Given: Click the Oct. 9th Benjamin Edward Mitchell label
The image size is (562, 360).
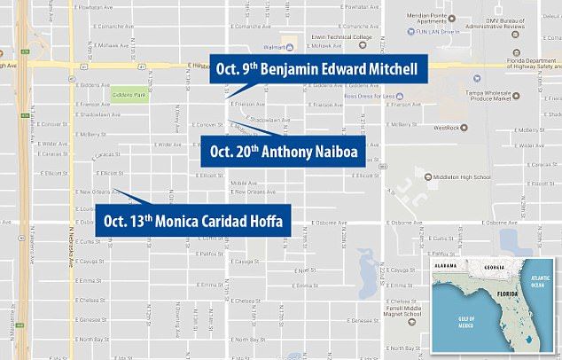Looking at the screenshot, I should pyautogui.click(x=319, y=69).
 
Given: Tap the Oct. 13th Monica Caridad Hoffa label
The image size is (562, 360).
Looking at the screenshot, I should pyautogui.click(x=193, y=220).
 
